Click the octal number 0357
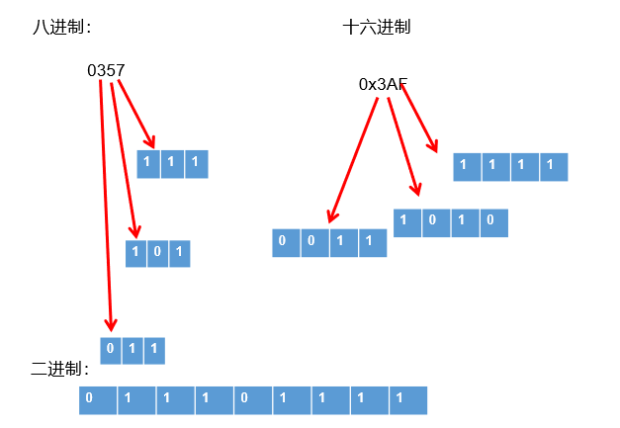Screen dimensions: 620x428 [x=106, y=71]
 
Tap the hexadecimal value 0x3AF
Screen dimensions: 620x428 [x=383, y=85]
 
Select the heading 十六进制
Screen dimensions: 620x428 [x=376, y=28]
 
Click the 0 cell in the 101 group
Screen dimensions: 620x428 [x=158, y=253]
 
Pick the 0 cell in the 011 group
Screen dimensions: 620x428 [x=111, y=350]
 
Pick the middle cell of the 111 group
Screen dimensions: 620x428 [x=172, y=163]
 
